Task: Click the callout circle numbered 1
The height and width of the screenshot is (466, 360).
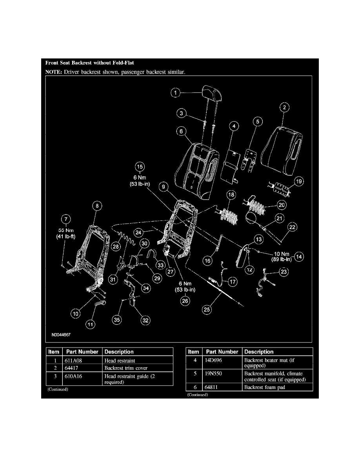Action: click(x=176, y=93)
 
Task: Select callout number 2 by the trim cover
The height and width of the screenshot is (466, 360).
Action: click(x=285, y=107)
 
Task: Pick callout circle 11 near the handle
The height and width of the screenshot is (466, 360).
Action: click(x=91, y=324)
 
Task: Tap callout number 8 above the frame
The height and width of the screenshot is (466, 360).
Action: click(x=96, y=205)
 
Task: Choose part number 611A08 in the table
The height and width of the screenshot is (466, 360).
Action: click(x=73, y=360)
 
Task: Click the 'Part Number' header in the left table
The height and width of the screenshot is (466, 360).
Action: click(x=82, y=352)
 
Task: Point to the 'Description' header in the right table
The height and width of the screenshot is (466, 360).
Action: click(x=259, y=352)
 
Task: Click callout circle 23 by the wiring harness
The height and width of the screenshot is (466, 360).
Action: click(x=284, y=271)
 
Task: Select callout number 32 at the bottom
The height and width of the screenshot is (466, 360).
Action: click(x=145, y=320)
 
